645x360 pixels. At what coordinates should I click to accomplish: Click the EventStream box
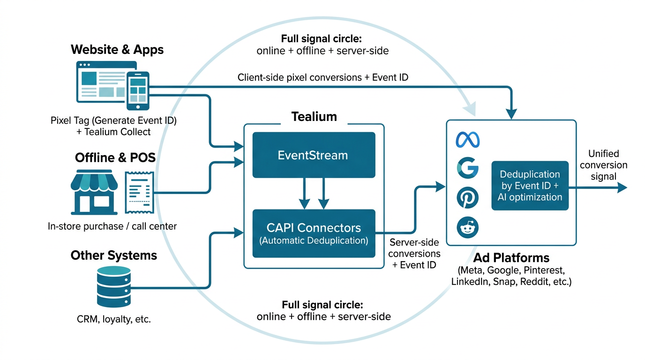314,155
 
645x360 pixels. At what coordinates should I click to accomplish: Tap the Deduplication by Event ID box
530,186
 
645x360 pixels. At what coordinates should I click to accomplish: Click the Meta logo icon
467,140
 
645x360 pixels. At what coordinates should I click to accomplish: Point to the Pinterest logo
467,198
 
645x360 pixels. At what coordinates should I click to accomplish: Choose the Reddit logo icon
467,228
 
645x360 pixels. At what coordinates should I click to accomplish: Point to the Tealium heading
314,117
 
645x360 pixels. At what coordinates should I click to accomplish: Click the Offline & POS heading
115,158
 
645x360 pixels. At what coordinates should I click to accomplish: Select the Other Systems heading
114,255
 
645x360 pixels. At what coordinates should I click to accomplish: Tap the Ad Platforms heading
511,258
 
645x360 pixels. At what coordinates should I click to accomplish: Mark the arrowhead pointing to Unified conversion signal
622,187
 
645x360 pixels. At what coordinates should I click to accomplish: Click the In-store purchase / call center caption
112,226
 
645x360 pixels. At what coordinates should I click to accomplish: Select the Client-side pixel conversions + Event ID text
323,77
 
